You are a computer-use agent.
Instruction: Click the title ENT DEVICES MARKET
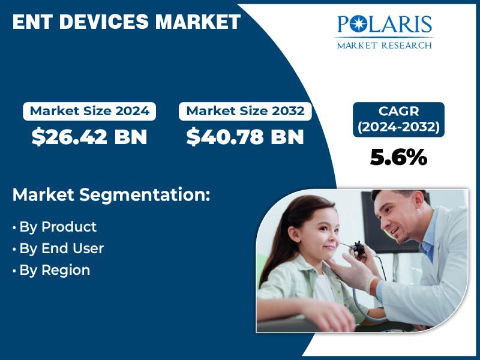point(127,22)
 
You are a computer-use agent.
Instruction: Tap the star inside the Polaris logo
point(356,24)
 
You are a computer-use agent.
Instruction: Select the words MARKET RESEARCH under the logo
point(385,46)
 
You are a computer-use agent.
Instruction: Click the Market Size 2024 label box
point(89,111)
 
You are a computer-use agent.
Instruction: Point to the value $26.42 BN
point(89,137)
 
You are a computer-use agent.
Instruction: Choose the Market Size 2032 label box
point(245,111)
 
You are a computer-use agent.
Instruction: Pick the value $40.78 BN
point(245,137)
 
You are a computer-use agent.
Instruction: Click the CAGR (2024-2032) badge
point(398,119)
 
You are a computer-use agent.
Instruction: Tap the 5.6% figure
point(398,157)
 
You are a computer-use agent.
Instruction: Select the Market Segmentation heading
point(112,194)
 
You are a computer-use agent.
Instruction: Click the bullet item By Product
point(55,227)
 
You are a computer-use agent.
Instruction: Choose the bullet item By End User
point(58,248)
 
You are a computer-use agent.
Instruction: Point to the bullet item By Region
point(52,270)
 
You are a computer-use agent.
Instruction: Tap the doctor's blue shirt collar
point(427,245)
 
